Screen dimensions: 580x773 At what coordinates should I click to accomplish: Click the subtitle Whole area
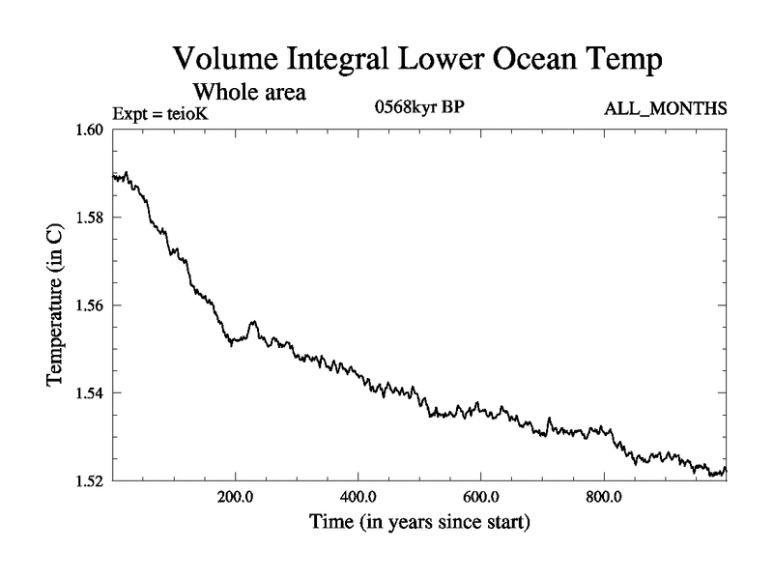pyautogui.click(x=250, y=93)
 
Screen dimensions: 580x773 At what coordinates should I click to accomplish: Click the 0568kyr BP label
pyautogui.click(x=419, y=107)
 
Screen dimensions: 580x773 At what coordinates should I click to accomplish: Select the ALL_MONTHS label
pyautogui.click(x=666, y=109)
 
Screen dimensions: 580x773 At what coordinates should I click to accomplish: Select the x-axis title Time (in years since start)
pyautogui.click(x=419, y=526)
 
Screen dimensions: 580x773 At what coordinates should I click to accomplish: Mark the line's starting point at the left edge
pyautogui.click(x=115, y=177)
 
